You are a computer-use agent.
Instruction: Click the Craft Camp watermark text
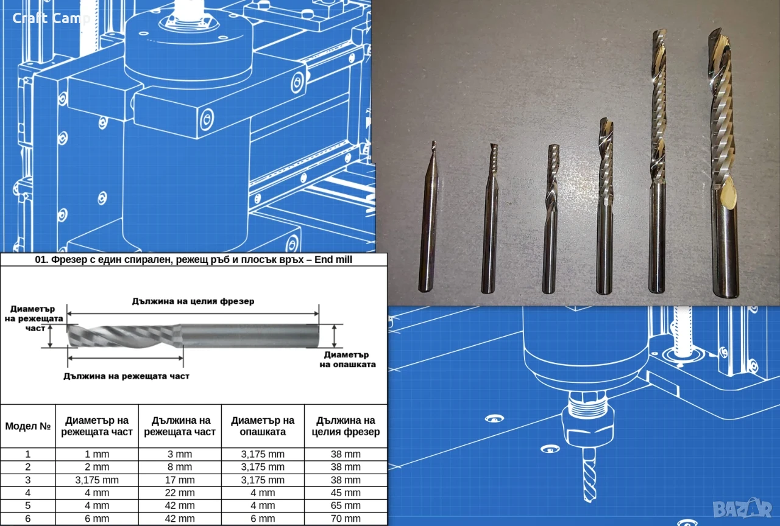[51, 18]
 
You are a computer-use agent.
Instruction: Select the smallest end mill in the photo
[429, 216]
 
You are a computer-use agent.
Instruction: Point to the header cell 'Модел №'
[28, 426]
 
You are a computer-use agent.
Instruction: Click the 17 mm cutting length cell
[180, 480]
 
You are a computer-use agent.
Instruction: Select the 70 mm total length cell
[346, 519]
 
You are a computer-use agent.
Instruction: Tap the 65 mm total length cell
[346, 505]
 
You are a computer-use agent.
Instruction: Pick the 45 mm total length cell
[346, 493]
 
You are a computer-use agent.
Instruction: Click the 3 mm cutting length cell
[180, 454]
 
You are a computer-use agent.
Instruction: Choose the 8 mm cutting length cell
[180, 467]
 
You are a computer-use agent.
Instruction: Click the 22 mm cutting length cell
[180, 493]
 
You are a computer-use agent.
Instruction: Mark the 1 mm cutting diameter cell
[97, 454]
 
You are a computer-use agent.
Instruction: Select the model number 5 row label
[28, 505]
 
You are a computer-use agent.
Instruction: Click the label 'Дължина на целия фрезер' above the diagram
[193, 301]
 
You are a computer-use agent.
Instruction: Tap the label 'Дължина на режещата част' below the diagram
[126, 376]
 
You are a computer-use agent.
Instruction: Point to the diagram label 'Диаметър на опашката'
[347, 360]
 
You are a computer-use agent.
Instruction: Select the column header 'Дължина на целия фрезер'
[346, 426]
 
